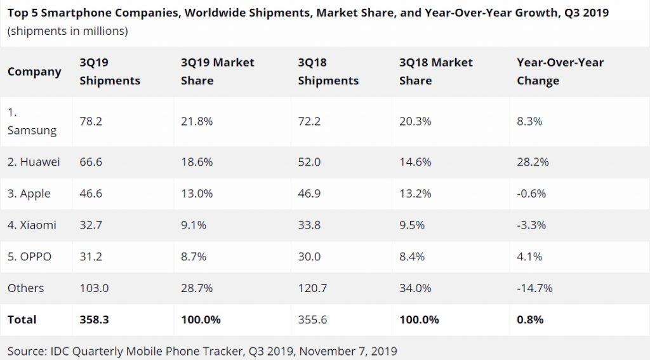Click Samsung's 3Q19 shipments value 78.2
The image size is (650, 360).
click(91, 121)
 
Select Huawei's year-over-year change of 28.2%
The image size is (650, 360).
click(533, 162)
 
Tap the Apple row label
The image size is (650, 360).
click(29, 194)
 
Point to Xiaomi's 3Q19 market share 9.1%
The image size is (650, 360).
click(193, 225)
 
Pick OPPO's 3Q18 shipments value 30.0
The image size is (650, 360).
click(310, 257)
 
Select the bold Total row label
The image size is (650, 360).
click(22, 319)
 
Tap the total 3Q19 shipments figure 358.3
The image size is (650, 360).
click(94, 319)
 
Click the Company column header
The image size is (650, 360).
click(34, 72)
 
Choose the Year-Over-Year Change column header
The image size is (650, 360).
click(560, 72)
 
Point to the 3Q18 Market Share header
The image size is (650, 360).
click(435, 72)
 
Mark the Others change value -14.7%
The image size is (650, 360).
click(535, 288)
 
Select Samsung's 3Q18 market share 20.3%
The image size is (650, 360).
click(416, 121)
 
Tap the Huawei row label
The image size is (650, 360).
click(34, 162)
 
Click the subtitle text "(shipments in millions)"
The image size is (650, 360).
click(68, 31)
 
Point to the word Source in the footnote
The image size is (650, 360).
click(27, 350)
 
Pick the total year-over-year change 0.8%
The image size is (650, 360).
click(531, 319)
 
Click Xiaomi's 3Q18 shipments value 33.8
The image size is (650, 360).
click(310, 225)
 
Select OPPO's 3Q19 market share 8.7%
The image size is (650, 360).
click(193, 257)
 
